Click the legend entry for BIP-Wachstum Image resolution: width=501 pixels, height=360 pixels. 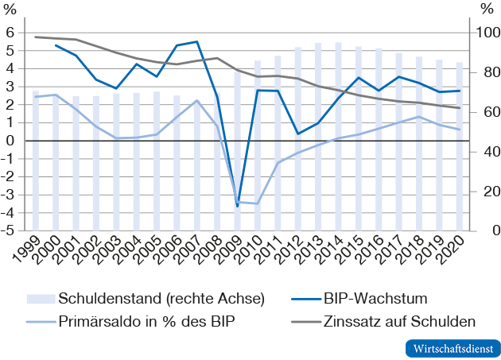click(x=375, y=299)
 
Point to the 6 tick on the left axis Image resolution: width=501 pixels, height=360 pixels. click(x=12, y=33)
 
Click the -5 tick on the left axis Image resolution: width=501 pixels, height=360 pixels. click(x=10, y=231)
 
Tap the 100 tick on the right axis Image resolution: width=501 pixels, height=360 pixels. click(x=487, y=33)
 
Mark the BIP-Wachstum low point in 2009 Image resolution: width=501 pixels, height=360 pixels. click(x=237, y=206)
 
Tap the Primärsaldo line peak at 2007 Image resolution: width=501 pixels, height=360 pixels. click(x=196, y=100)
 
